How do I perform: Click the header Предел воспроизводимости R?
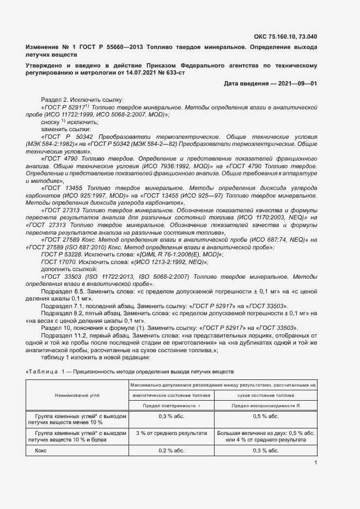click(266, 406)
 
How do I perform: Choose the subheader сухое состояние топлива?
click(266, 395)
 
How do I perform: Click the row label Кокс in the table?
click(41, 451)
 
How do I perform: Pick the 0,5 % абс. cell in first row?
click(266, 416)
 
